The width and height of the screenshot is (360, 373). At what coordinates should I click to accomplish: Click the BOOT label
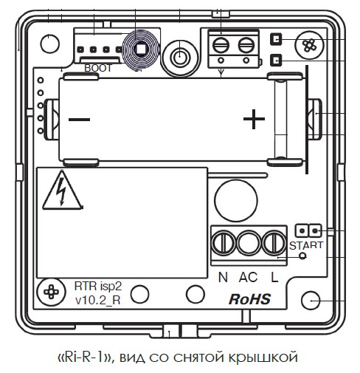(98, 68)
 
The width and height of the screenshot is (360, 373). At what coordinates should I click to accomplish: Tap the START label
(306, 245)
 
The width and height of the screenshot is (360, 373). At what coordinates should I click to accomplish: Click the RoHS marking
(249, 299)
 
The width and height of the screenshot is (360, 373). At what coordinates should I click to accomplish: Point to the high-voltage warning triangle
(63, 191)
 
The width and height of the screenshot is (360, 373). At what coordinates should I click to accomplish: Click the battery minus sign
(79, 120)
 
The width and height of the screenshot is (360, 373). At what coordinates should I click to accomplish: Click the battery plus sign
(254, 119)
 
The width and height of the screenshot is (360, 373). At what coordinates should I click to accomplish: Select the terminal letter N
(223, 277)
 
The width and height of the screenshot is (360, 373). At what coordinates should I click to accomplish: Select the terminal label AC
(248, 277)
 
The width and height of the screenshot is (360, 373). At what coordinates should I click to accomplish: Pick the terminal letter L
(274, 277)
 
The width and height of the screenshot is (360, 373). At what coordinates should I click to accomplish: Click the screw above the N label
(224, 243)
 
